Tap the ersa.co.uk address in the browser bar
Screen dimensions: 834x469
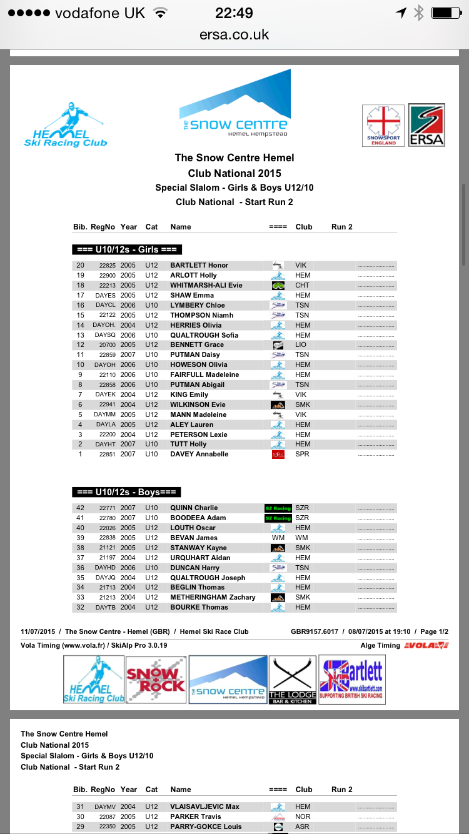point(234,35)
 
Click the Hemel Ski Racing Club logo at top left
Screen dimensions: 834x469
point(65,126)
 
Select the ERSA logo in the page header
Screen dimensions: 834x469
point(426,125)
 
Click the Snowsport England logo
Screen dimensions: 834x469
point(383,125)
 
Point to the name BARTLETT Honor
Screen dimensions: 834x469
point(199,265)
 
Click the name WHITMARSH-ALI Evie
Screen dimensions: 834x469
point(206,285)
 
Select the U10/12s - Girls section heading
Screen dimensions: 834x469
point(126,249)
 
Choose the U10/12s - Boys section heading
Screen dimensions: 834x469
point(126,492)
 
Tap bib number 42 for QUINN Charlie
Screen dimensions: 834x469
point(80,508)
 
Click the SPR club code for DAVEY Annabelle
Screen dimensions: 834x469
point(302,455)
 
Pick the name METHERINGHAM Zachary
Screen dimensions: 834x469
point(213,597)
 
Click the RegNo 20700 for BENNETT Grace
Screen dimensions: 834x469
point(108,345)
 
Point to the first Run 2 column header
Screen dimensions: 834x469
point(342,227)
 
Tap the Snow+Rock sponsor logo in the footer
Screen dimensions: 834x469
point(156,680)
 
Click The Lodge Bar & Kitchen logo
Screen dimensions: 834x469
point(293,680)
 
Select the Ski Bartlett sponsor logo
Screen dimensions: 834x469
point(351,680)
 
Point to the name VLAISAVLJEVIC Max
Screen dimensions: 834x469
point(204,806)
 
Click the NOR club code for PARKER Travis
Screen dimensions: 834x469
point(303,816)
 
